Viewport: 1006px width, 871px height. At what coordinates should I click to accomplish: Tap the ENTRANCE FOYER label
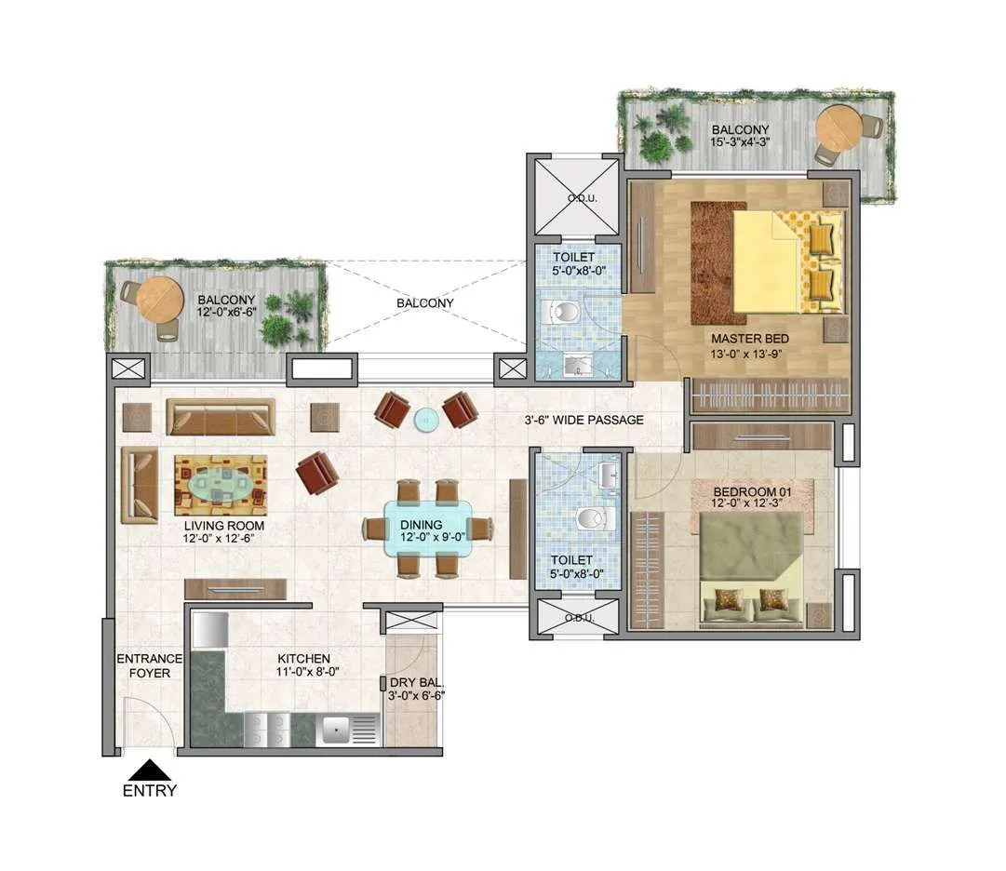[x=149, y=665]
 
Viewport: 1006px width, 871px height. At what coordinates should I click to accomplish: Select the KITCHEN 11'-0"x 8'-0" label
[x=302, y=664]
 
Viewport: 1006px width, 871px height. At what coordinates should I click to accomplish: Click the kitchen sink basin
[x=335, y=730]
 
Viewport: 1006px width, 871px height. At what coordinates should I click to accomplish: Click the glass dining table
[x=427, y=529]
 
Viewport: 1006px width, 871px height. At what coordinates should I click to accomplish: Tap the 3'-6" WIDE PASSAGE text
[x=583, y=420]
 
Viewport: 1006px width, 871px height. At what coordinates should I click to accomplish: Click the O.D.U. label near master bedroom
[x=574, y=197]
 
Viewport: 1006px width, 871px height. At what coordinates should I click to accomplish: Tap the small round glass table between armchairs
[x=425, y=419]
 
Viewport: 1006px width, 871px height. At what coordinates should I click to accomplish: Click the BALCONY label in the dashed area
[x=425, y=302]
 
